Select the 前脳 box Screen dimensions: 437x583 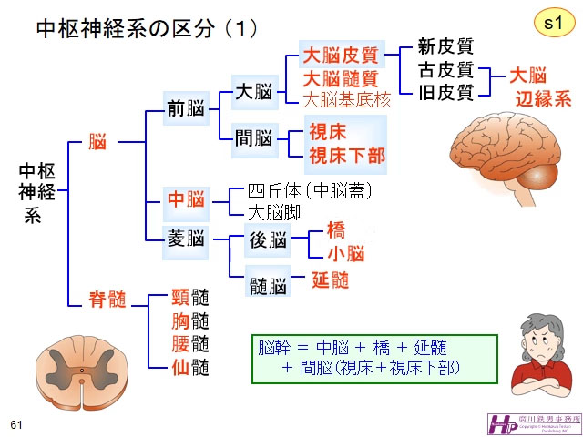pyautogui.click(x=185, y=109)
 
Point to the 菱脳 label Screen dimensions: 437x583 pyautogui.click(x=185, y=239)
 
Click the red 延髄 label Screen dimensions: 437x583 pyautogui.click(x=330, y=280)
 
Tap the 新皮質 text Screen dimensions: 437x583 pyautogui.click(x=445, y=47)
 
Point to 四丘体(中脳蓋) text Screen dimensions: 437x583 pyautogui.click(x=311, y=192)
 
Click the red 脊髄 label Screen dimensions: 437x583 pyautogui.click(x=107, y=300)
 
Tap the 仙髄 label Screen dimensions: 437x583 pyautogui.click(x=190, y=367)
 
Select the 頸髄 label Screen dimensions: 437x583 pyautogui.click(x=190, y=298)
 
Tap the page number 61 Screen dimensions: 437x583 pyautogui.click(x=15, y=424)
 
